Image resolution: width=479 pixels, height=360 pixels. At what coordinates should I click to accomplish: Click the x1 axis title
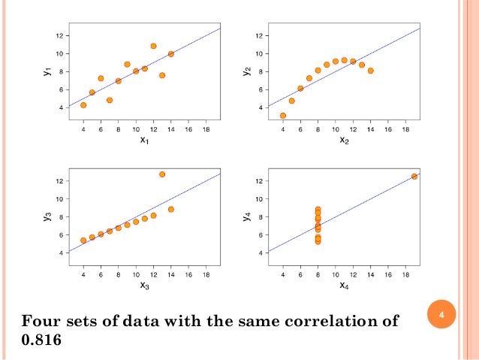[144, 140]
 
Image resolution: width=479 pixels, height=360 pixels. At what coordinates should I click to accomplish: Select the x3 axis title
[144, 286]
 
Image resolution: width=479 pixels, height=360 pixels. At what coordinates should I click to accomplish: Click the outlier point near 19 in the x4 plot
[414, 177]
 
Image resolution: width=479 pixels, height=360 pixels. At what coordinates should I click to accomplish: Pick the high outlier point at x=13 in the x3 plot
[162, 174]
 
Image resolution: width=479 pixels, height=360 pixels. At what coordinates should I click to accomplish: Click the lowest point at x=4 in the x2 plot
[283, 116]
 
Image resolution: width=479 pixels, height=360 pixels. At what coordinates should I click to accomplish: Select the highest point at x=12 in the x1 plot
[153, 46]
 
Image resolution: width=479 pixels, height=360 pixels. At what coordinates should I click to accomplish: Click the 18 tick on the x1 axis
[206, 128]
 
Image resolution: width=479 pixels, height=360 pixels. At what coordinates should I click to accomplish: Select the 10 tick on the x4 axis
[335, 274]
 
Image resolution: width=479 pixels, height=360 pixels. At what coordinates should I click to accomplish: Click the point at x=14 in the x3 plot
[171, 210]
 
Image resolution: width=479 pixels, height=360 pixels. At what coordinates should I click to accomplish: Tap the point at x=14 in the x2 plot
[370, 71]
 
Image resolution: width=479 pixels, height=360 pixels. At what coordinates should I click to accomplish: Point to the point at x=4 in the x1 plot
[83, 105]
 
